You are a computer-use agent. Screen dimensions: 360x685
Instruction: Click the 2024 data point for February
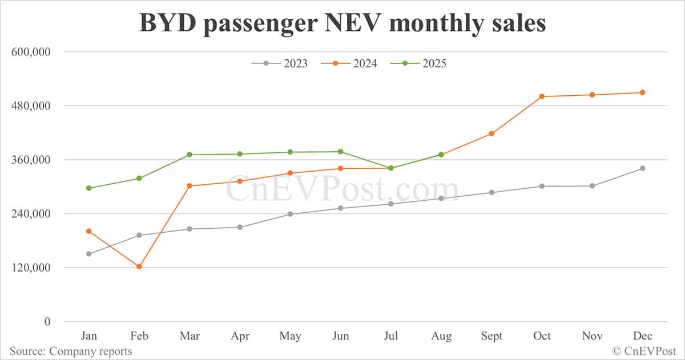139,266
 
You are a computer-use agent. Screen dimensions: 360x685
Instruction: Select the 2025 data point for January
88,188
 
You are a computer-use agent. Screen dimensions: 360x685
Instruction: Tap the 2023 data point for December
642,168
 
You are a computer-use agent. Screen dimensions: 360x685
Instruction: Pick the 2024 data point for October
542,96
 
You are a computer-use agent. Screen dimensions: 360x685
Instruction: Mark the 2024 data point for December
642,92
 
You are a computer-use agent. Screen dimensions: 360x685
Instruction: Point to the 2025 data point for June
340,152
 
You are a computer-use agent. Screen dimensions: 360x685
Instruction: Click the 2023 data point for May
290,214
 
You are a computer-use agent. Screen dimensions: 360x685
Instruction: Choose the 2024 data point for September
491,134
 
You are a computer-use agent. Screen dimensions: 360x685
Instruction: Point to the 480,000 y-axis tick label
31,106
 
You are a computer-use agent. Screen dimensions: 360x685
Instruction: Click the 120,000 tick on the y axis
31,268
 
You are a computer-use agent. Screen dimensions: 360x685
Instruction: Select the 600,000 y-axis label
31,52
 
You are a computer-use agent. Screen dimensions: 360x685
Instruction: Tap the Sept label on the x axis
491,336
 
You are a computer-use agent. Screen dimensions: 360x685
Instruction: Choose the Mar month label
189,336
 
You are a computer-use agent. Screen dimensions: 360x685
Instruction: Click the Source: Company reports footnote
71,351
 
